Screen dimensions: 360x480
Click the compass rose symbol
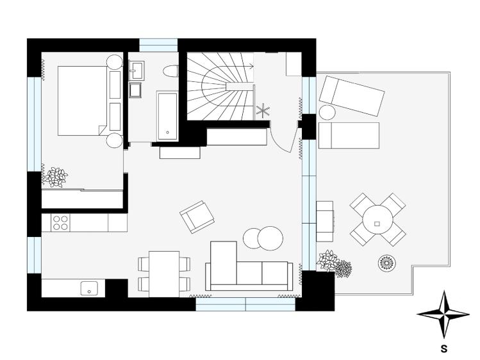[x=443, y=314]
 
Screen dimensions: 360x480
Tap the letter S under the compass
[x=443, y=350]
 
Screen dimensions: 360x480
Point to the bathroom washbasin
[x=137, y=70]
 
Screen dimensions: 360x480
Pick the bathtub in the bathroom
[x=167, y=116]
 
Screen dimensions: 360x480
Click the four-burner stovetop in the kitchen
[x=60, y=222]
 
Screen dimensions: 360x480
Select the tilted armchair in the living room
[x=197, y=216]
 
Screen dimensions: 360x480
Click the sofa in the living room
[x=249, y=269]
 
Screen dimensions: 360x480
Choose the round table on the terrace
[x=377, y=220]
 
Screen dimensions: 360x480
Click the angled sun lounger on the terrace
[x=352, y=94]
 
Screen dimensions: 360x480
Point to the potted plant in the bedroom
[x=57, y=176]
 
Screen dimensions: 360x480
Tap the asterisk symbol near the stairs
[x=263, y=110]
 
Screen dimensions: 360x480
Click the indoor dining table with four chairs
[x=164, y=273]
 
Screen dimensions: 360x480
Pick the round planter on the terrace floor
[x=388, y=263]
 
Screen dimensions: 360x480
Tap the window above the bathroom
[x=158, y=45]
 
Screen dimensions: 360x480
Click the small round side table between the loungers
[x=327, y=112]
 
